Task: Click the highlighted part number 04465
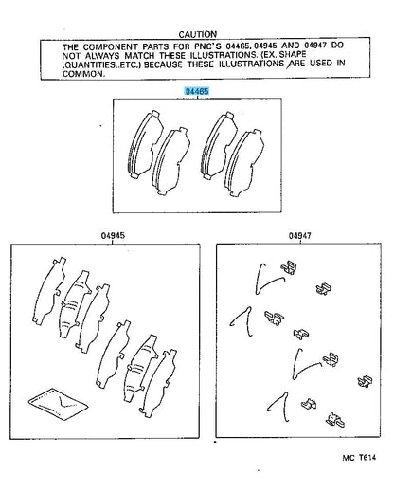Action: click(197, 91)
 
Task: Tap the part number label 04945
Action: click(113, 236)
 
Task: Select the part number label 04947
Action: click(299, 236)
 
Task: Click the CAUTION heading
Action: click(198, 34)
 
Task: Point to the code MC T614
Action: click(359, 458)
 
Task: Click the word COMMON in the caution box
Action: click(83, 74)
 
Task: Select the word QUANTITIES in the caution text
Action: click(85, 65)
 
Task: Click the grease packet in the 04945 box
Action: click(58, 404)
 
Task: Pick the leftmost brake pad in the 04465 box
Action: click(146, 145)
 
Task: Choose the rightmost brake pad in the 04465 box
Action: click(244, 163)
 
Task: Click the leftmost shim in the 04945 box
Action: click(50, 291)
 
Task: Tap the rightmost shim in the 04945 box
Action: click(159, 383)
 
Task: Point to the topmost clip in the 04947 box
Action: click(290, 267)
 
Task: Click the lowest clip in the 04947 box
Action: click(335, 420)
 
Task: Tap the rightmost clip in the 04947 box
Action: click(366, 381)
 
